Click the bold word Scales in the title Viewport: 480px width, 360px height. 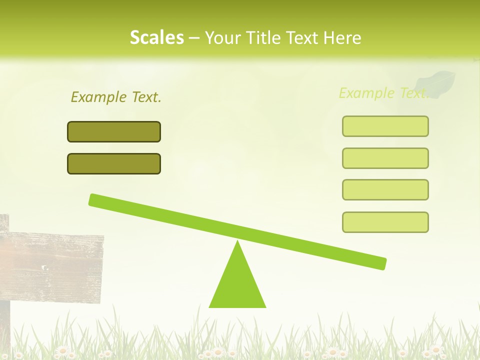[x=156, y=37]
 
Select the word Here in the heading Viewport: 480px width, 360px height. [x=342, y=37]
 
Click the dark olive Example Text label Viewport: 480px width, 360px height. [x=116, y=97]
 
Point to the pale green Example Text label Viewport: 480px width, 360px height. [x=383, y=93]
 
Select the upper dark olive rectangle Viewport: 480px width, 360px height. [x=114, y=132]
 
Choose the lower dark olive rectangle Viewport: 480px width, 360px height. [x=114, y=164]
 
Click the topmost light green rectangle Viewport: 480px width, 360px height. [x=385, y=126]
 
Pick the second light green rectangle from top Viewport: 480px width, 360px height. [x=385, y=158]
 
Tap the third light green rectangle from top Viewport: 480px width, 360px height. [x=385, y=190]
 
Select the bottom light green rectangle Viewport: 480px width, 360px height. [x=385, y=222]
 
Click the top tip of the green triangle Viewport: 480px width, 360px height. [x=238, y=242]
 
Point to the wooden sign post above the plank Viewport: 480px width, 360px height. [x=4, y=223]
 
